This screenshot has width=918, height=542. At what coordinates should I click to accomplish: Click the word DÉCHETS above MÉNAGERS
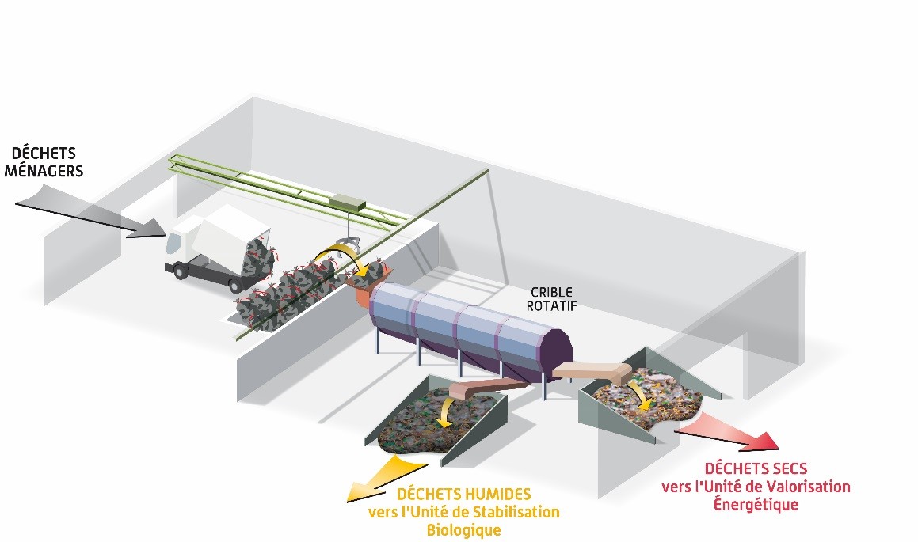coord(44,153)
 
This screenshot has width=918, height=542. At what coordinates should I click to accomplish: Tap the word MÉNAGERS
coord(48,170)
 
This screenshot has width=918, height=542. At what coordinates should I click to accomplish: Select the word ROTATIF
coord(552,306)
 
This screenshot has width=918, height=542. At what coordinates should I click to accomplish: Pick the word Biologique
coord(463,529)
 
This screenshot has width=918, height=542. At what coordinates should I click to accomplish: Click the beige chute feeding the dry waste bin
coord(590,372)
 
